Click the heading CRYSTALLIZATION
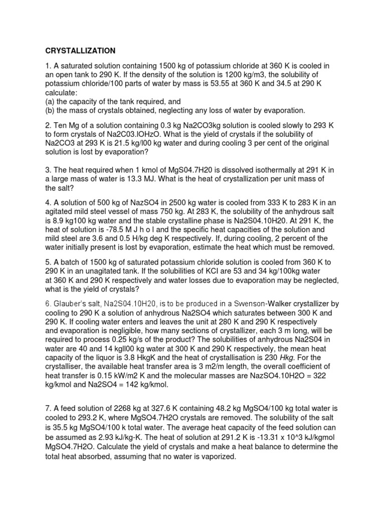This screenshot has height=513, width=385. pyautogui.click(x=81, y=51)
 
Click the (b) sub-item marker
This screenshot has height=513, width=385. pyautogui.click(x=50, y=110)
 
